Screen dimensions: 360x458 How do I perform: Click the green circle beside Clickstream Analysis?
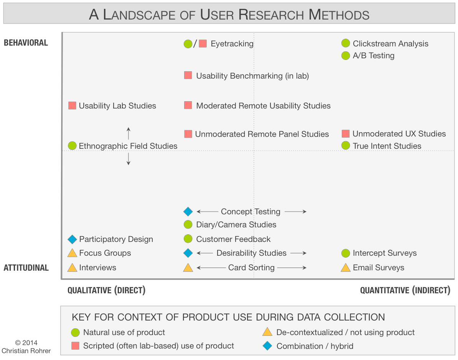pos(346,44)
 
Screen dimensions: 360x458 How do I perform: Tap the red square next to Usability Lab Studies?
pos(72,106)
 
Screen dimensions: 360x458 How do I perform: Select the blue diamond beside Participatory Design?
pos(72,239)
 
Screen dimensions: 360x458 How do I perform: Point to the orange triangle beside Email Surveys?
pos(346,268)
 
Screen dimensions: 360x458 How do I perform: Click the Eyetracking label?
pos(232,44)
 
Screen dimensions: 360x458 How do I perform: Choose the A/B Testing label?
pos(374,56)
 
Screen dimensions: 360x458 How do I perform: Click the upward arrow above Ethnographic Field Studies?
pos(129,133)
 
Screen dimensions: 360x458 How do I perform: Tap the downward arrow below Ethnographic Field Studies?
pos(129,159)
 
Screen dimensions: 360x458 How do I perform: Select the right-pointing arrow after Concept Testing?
pos(295,212)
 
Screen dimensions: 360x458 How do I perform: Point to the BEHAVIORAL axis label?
pos(26,43)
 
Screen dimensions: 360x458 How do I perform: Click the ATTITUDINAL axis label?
pos(26,268)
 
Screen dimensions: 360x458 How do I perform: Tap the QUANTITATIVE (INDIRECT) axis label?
pos(405,290)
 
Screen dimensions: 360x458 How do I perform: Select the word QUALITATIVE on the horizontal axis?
pos(90,290)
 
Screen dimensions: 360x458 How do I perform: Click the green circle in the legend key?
pos(75,332)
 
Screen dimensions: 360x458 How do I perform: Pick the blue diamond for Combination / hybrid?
pos(267,346)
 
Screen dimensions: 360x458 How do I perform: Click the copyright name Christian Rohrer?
pos(26,350)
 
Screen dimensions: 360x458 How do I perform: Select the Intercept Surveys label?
pos(385,253)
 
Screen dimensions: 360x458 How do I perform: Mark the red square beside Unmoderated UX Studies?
pos(346,134)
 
